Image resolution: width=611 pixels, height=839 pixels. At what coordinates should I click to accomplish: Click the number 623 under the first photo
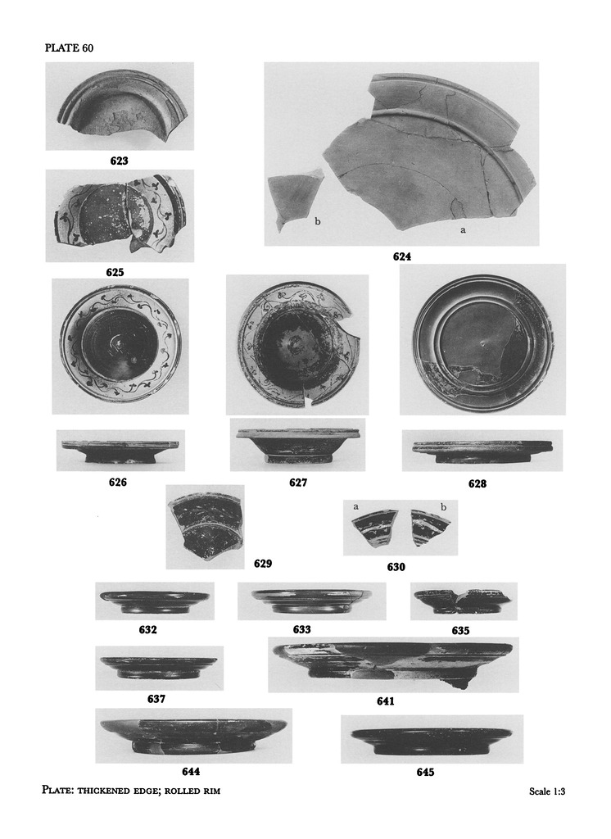pyautogui.click(x=120, y=161)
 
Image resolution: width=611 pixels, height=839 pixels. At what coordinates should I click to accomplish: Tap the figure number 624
pyautogui.click(x=402, y=256)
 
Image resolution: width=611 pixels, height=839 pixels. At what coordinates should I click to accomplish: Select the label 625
pyautogui.click(x=115, y=272)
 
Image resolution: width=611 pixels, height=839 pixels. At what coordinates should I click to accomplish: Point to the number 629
pyautogui.click(x=263, y=564)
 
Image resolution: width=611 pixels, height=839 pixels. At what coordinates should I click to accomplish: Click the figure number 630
pyautogui.click(x=396, y=567)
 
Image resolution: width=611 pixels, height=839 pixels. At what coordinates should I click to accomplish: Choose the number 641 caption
pyautogui.click(x=385, y=701)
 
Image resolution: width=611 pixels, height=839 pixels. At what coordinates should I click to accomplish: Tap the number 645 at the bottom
pyautogui.click(x=425, y=772)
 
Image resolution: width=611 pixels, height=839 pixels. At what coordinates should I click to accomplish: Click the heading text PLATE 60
pyautogui.click(x=69, y=48)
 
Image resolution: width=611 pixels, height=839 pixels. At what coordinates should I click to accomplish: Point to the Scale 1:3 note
pyautogui.click(x=547, y=791)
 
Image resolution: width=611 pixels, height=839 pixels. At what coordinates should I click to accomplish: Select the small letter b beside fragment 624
pyautogui.click(x=317, y=221)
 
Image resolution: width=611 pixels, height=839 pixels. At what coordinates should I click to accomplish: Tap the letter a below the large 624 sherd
pyautogui.click(x=463, y=230)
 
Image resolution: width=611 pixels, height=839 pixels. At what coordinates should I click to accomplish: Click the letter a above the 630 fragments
pyautogui.click(x=355, y=506)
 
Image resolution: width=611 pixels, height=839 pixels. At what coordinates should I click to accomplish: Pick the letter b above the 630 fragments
pyautogui.click(x=443, y=506)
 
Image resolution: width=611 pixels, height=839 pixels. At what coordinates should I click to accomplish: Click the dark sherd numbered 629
pyautogui.click(x=206, y=528)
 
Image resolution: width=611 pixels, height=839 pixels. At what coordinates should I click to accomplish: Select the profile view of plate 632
pyautogui.click(x=155, y=601)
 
